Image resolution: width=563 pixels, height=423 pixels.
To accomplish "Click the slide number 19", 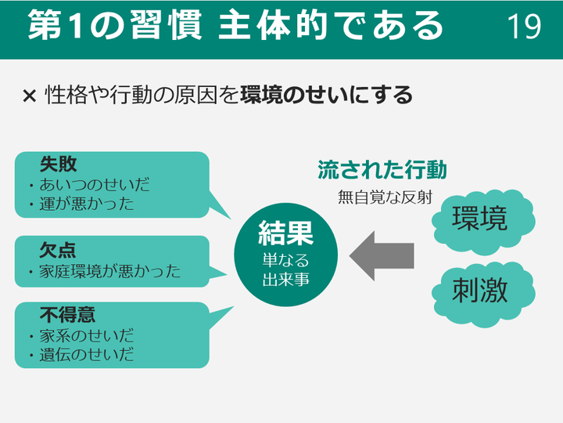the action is point(524,26).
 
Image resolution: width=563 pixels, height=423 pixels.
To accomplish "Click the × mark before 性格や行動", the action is point(30,96).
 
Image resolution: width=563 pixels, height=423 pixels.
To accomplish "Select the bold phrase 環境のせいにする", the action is point(326,95).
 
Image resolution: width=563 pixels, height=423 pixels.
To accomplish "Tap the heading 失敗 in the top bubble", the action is point(58,164).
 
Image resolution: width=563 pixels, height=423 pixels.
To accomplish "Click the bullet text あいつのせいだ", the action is point(95,185).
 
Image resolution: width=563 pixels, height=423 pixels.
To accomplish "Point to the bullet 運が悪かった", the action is point(87,204).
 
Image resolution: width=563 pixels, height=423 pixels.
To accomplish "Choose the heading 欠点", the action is point(58,250).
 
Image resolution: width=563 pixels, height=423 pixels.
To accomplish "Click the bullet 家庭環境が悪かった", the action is point(110,271).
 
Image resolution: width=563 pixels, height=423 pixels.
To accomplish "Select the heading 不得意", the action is point(67,315).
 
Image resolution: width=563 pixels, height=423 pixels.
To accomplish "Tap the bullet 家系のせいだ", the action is point(87,335).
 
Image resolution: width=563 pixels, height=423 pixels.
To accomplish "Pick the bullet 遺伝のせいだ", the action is point(87,355).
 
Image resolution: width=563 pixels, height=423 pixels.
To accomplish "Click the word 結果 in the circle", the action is point(286,233).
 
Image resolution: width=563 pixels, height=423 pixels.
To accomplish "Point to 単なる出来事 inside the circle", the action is point(286,269).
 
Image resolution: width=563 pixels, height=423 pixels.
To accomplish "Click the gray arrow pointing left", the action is point(382,255).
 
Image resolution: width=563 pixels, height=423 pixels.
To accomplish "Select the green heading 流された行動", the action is point(382,170).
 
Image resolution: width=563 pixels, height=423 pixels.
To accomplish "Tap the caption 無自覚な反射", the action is point(385,197).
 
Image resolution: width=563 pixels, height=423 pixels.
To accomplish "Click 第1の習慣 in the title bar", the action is point(115,25).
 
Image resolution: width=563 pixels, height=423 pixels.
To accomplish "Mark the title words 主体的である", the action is point(330,25).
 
